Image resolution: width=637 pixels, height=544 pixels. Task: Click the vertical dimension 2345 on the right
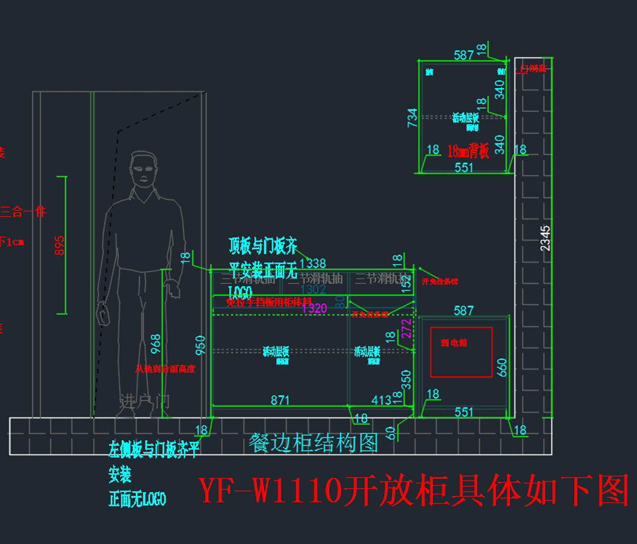pos(545,238)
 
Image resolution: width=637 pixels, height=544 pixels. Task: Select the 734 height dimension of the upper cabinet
pos(412,118)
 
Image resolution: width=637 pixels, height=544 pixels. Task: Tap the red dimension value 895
pos(59,245)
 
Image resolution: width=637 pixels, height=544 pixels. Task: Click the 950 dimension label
pos(200,345)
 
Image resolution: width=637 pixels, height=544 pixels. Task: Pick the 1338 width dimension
pos(313,263)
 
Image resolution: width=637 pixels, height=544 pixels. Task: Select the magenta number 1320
pos(314,308)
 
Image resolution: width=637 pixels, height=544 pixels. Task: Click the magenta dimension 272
pos(406,329)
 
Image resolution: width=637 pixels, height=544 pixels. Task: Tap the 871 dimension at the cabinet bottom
pos(280,400)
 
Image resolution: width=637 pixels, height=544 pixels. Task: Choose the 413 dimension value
pos(381,400)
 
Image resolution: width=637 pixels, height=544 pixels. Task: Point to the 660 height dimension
pos(502,367)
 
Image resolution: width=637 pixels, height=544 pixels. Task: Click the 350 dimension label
pos(406,379)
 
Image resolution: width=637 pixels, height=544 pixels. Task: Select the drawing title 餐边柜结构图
pos(313,443)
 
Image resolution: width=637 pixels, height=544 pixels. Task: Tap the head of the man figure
pos(144,169)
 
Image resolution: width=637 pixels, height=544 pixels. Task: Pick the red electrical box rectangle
pos(461,352)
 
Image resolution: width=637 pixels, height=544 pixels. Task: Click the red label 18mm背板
pos(468,151)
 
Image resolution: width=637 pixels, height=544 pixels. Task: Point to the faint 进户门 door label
pos(144,401)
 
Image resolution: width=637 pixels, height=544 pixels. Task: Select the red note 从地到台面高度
pos(165,369)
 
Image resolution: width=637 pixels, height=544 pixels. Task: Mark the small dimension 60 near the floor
pos(392,433)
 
